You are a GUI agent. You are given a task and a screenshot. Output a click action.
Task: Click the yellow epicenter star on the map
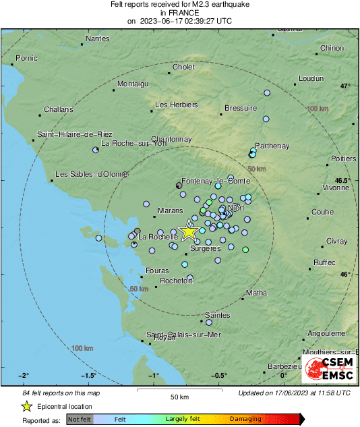189,231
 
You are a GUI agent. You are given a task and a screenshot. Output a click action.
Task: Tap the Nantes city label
98,38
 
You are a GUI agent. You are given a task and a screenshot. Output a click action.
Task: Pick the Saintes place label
218,315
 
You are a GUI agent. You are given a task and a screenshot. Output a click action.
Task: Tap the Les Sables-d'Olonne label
91,174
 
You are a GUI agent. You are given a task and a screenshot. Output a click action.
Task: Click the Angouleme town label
326,333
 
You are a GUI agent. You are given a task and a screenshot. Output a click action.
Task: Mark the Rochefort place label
177,281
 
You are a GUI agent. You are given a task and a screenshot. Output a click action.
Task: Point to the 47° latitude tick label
345,86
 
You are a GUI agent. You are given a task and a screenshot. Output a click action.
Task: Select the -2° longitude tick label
24,375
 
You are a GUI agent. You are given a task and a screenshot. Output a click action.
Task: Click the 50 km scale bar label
179,396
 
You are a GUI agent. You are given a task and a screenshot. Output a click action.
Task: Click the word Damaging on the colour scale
245,419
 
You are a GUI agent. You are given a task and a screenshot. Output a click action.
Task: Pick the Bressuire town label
241,108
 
